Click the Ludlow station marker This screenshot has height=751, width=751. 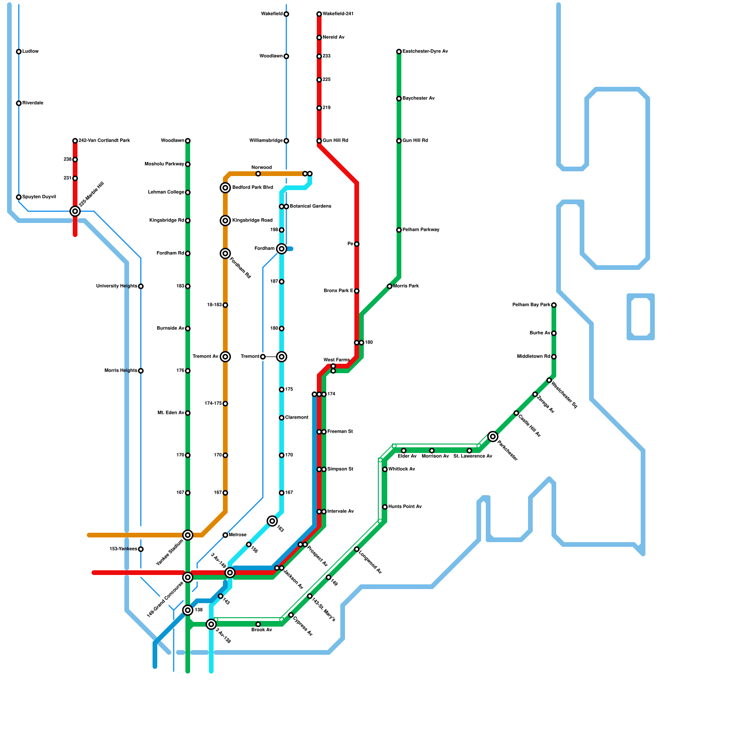19,52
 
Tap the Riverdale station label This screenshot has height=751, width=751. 33,103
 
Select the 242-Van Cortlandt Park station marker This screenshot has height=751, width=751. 75,141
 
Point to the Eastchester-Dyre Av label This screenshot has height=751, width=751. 425,52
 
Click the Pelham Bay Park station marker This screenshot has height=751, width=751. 554,305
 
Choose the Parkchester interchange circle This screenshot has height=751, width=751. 492,437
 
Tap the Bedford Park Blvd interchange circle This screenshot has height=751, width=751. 225,188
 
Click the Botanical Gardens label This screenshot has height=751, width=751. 310,207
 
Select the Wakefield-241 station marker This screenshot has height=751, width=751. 319,14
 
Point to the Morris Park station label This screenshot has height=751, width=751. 406,286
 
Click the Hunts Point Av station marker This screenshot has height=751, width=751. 385,507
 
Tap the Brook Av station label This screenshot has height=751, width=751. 261,630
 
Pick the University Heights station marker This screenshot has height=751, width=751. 141,286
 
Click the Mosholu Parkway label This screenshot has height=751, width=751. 164,164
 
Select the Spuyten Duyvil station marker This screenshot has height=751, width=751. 19,197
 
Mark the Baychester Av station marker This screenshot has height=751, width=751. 399,99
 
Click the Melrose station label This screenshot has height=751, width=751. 238,535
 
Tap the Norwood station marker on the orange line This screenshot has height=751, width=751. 258,174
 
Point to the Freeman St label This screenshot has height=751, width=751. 340,432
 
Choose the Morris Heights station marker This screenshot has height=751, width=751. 141,371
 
